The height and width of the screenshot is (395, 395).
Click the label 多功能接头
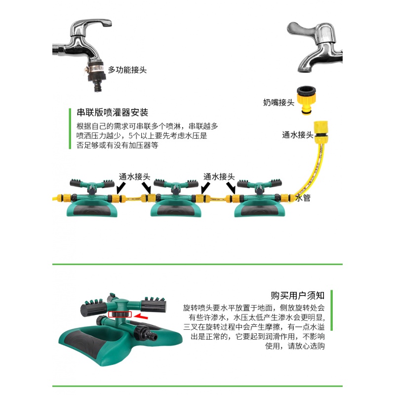[x=127, y=70]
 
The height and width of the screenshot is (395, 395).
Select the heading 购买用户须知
[x=298, y=295]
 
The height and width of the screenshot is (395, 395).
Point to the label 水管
[x=302, y=198]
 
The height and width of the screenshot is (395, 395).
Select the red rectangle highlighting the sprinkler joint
[x=120, y=315]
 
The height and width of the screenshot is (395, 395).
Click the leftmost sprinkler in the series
[x=89, y=197]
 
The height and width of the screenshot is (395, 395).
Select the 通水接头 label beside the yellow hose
[x=297, y=134]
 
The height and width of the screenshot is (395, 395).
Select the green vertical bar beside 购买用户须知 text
[x=332, y=321]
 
